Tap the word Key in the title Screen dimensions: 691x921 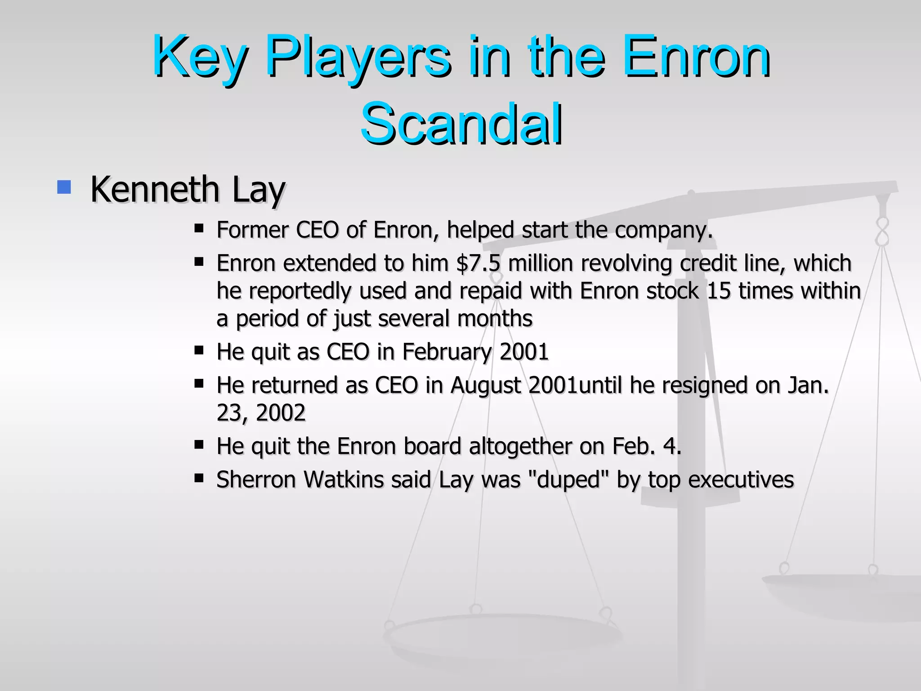pos(200,58)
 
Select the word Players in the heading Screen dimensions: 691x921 pos(358,58)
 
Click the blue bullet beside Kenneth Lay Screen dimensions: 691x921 pos(64,187)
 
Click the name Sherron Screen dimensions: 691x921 pos(256,480)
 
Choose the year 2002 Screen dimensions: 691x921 pos(281,413)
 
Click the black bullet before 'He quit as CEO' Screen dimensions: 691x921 pos(199,350)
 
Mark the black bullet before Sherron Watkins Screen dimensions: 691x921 pos(199,478)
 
